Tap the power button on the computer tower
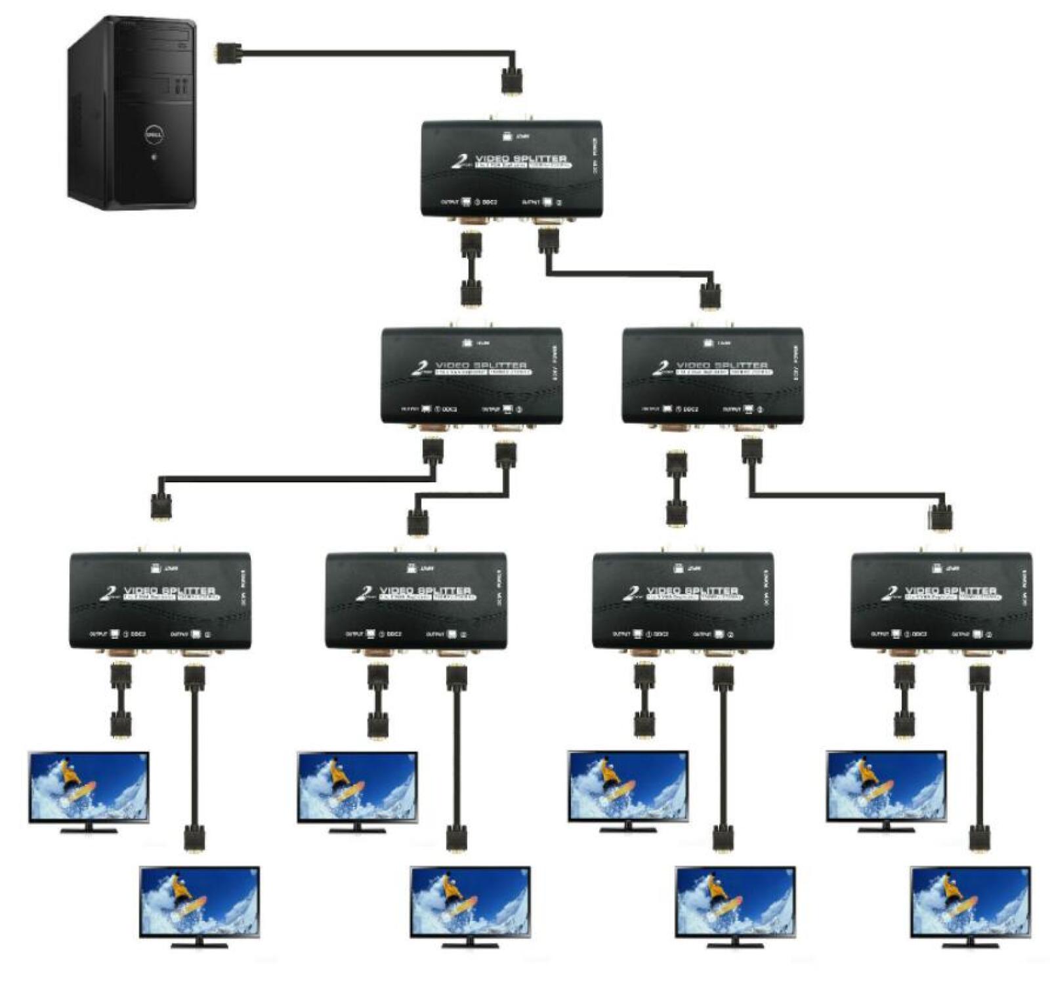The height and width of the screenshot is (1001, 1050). tap(154, 157)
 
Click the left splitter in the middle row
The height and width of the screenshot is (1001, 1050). tap(471, 375)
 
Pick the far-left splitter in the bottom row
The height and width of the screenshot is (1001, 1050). tap(159, 600)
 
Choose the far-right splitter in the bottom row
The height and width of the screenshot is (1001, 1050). tap(940, 600)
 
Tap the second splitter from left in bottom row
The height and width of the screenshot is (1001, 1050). tap(415, 600)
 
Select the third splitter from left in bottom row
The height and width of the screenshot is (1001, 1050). tap(682, 600)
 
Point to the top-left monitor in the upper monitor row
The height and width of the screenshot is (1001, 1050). tap(89, 786)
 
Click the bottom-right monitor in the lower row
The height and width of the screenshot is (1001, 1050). tap(970, 901)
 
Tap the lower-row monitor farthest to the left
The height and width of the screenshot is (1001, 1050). tap(199, 901)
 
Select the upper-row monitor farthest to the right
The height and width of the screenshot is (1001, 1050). tap(886, 786)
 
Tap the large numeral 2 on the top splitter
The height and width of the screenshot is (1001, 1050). tap(459, 161)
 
